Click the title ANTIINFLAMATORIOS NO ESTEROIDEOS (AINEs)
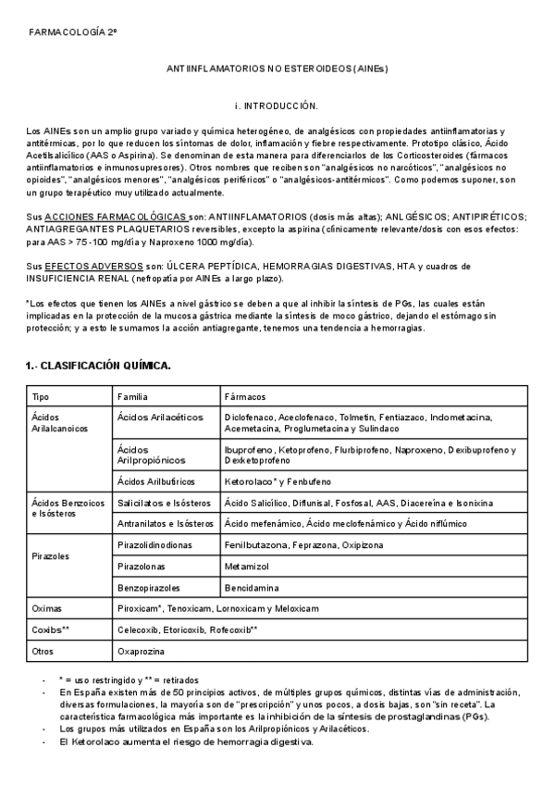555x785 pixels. point(277,69)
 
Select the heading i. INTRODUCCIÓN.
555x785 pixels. point(277,106)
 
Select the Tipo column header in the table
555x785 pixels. point(42,396)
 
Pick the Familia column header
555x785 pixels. point(132,396)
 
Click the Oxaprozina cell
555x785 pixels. point(142,651)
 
